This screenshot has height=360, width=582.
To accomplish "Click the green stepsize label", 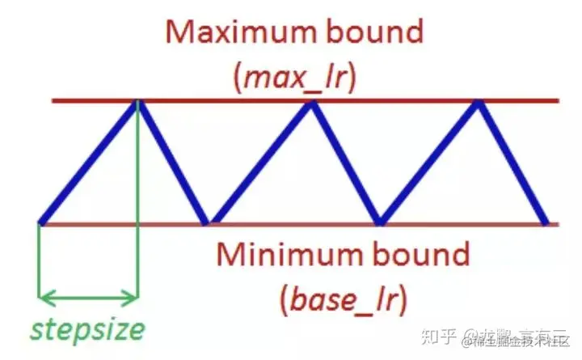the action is (89, 330).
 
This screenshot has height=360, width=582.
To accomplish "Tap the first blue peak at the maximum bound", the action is (138, 102).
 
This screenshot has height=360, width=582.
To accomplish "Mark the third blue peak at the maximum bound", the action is (479, 102).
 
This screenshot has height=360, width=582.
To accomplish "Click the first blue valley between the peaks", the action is (208, 221).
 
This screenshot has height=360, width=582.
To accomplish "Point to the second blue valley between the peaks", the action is (379, 221).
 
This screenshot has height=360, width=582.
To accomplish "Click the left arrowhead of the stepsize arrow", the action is (44, 298).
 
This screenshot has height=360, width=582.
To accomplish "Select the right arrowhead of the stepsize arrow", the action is (134, 298).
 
